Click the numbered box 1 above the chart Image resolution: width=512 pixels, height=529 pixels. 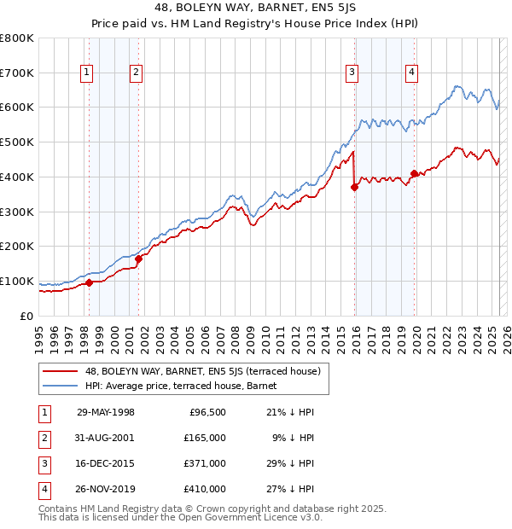click(87, 73)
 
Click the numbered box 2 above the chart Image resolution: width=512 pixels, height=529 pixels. click(136, 73)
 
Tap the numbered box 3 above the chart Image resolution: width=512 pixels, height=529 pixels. click(352, 73)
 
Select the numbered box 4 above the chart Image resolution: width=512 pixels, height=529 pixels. click(411, 73)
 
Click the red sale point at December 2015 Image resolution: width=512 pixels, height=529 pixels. click(354, 187)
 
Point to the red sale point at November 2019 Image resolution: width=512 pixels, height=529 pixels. click(414, 173)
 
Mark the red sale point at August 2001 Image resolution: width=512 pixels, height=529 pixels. click(138, 259)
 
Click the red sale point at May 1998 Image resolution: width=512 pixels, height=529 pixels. click(90, 282)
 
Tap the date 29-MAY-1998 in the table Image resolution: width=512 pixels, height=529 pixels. click(106, 412)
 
